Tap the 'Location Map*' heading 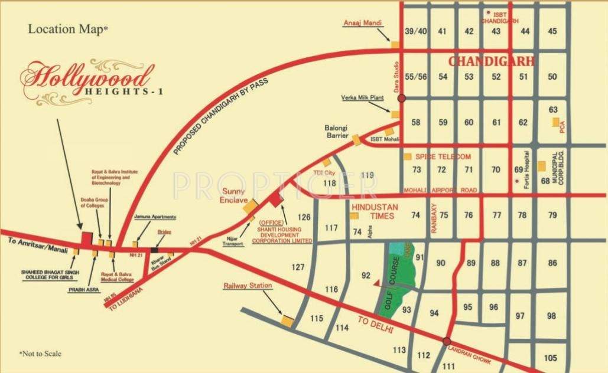pyautogui.click(x=68, y=28)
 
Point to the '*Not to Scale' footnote pyautogui.click(x=40, y=354)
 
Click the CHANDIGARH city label pyautogui.click(x=492, y=61)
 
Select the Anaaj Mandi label pyautogui.click(x=362, y=23)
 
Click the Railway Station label pyautogui.click(x=248, y=286)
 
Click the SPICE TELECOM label pyautogui.click(x=443, y=156)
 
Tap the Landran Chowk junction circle pyautogui.click(x=447, y=341)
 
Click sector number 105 pyautogui.click(x=551, y=358)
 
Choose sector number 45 pyautogui.click(x=552, y=32)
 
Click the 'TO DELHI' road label pyautogui.click(x=376, y=326)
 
